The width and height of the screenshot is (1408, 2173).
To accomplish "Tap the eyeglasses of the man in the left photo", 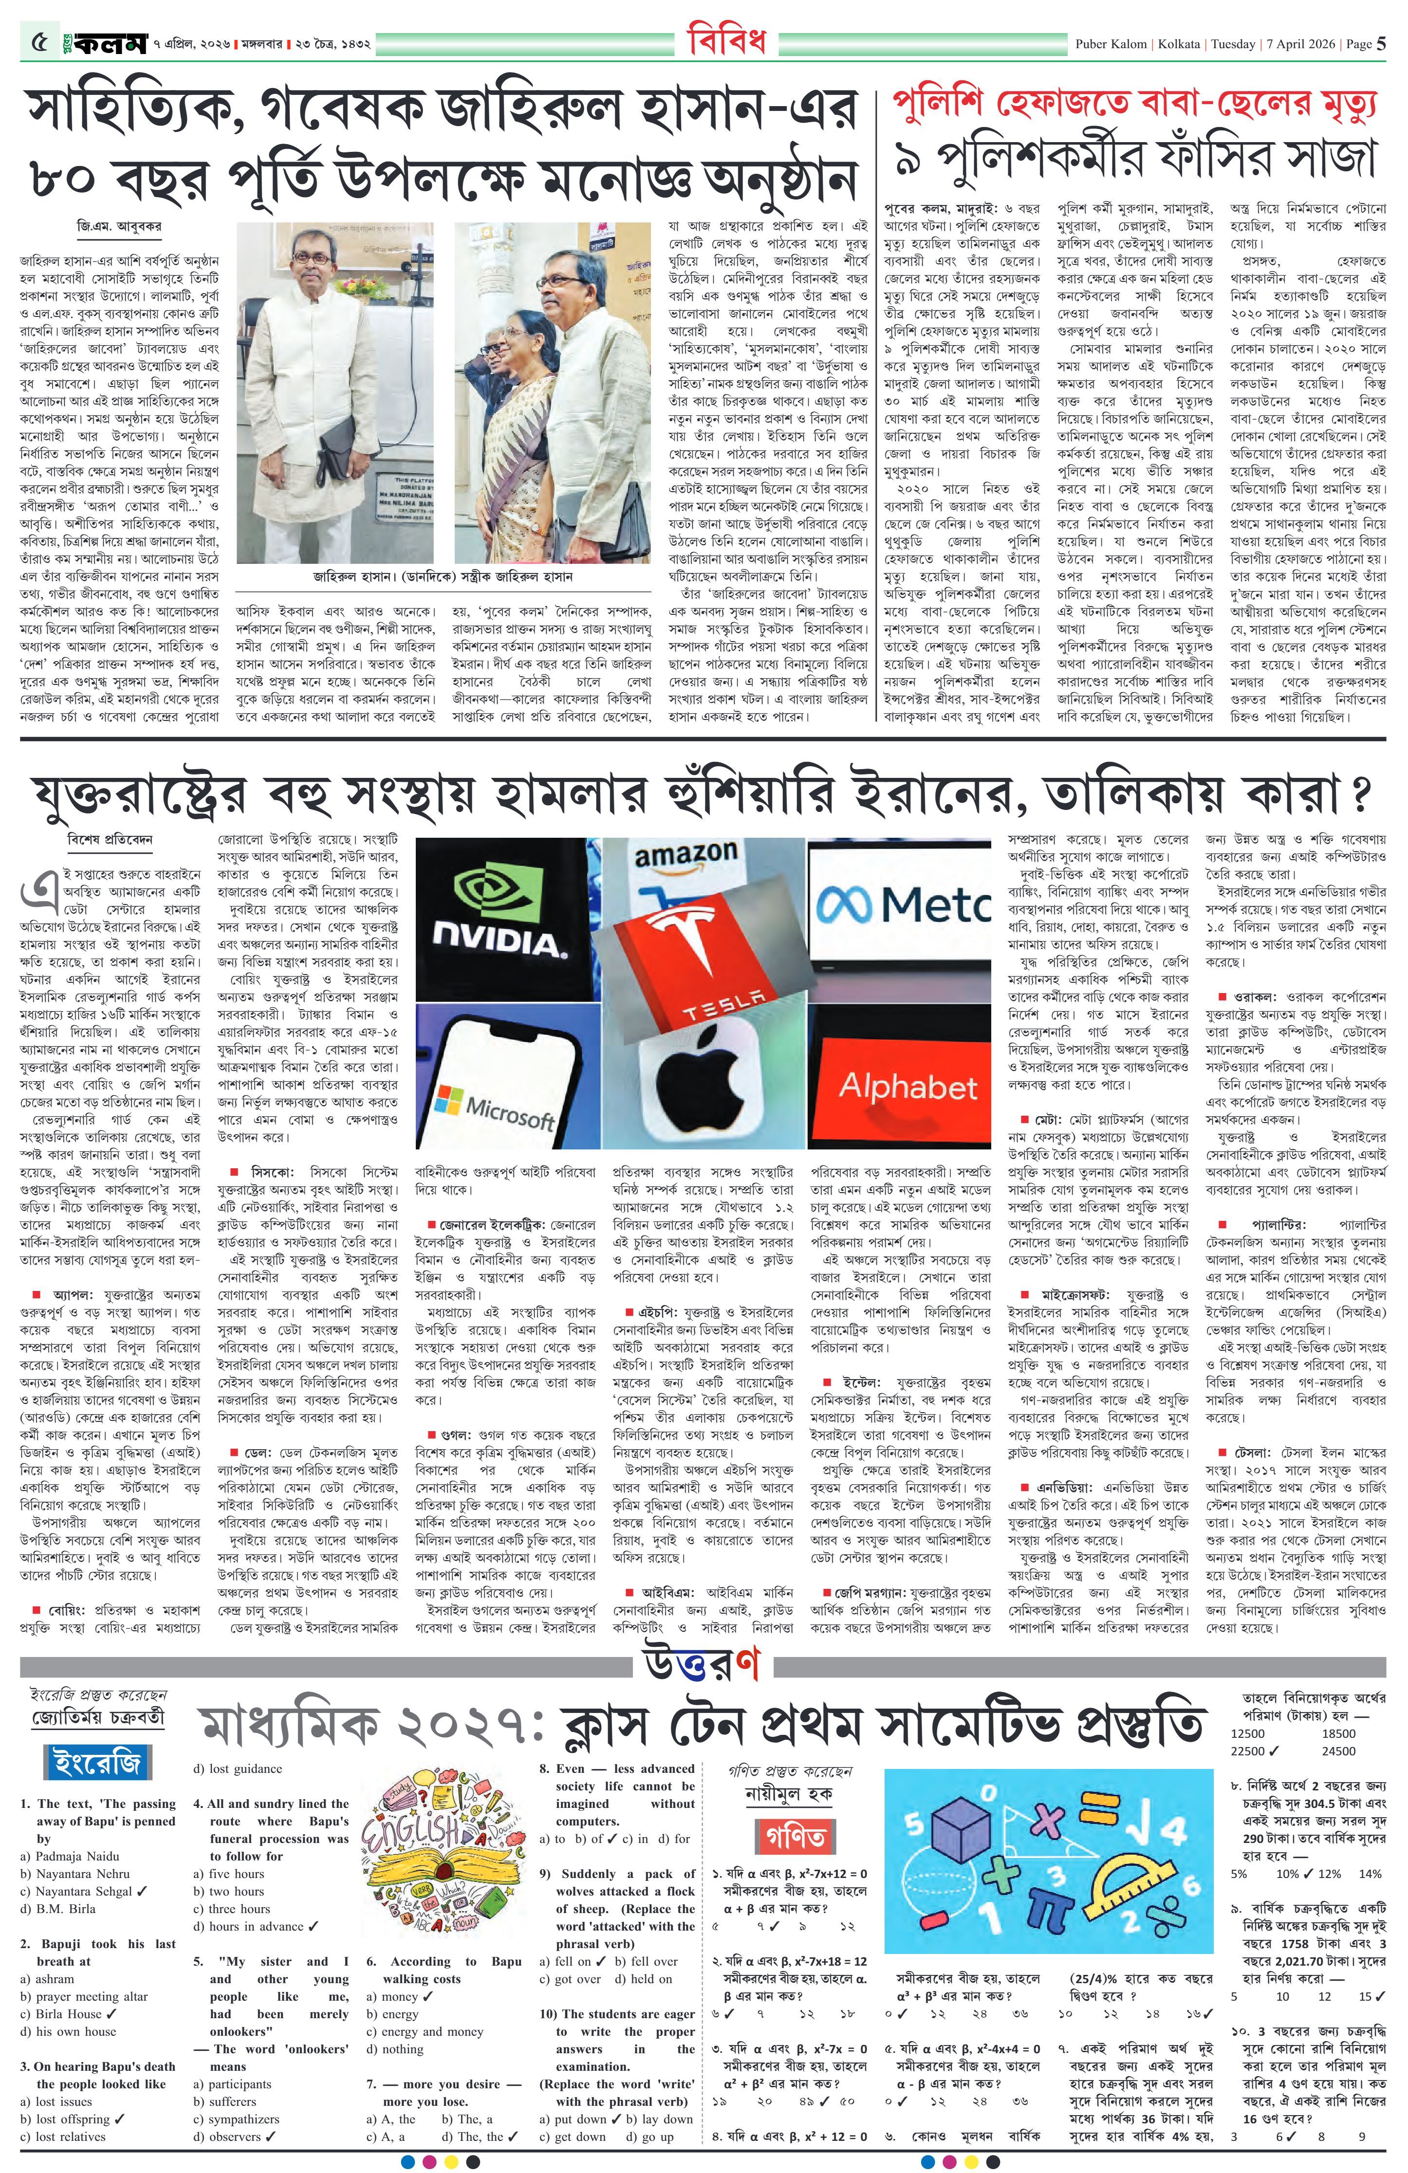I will [312, 258].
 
